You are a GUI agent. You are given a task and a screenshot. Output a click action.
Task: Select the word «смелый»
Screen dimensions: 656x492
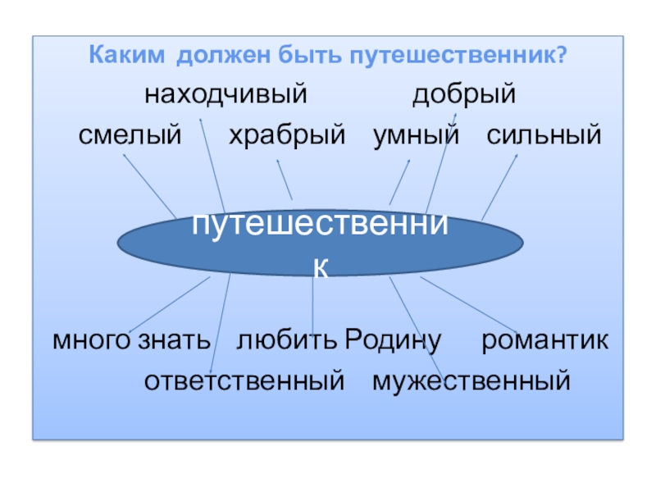[129, 135]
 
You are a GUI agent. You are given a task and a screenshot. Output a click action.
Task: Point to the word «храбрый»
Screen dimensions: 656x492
[287, 135]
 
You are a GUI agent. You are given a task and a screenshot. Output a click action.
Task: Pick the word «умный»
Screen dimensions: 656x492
[417, 135]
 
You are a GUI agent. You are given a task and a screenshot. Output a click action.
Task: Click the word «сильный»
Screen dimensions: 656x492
[544, 135]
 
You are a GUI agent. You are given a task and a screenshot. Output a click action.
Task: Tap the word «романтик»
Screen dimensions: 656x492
[544, 339]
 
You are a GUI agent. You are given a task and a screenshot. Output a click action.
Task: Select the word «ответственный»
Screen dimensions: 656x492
[243, 380]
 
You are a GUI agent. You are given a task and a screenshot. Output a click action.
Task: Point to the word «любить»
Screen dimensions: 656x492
[287, 339]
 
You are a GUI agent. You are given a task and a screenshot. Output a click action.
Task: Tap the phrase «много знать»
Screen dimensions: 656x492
[131, 339]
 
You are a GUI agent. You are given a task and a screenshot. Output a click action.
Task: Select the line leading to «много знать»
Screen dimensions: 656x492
[168, 303]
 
